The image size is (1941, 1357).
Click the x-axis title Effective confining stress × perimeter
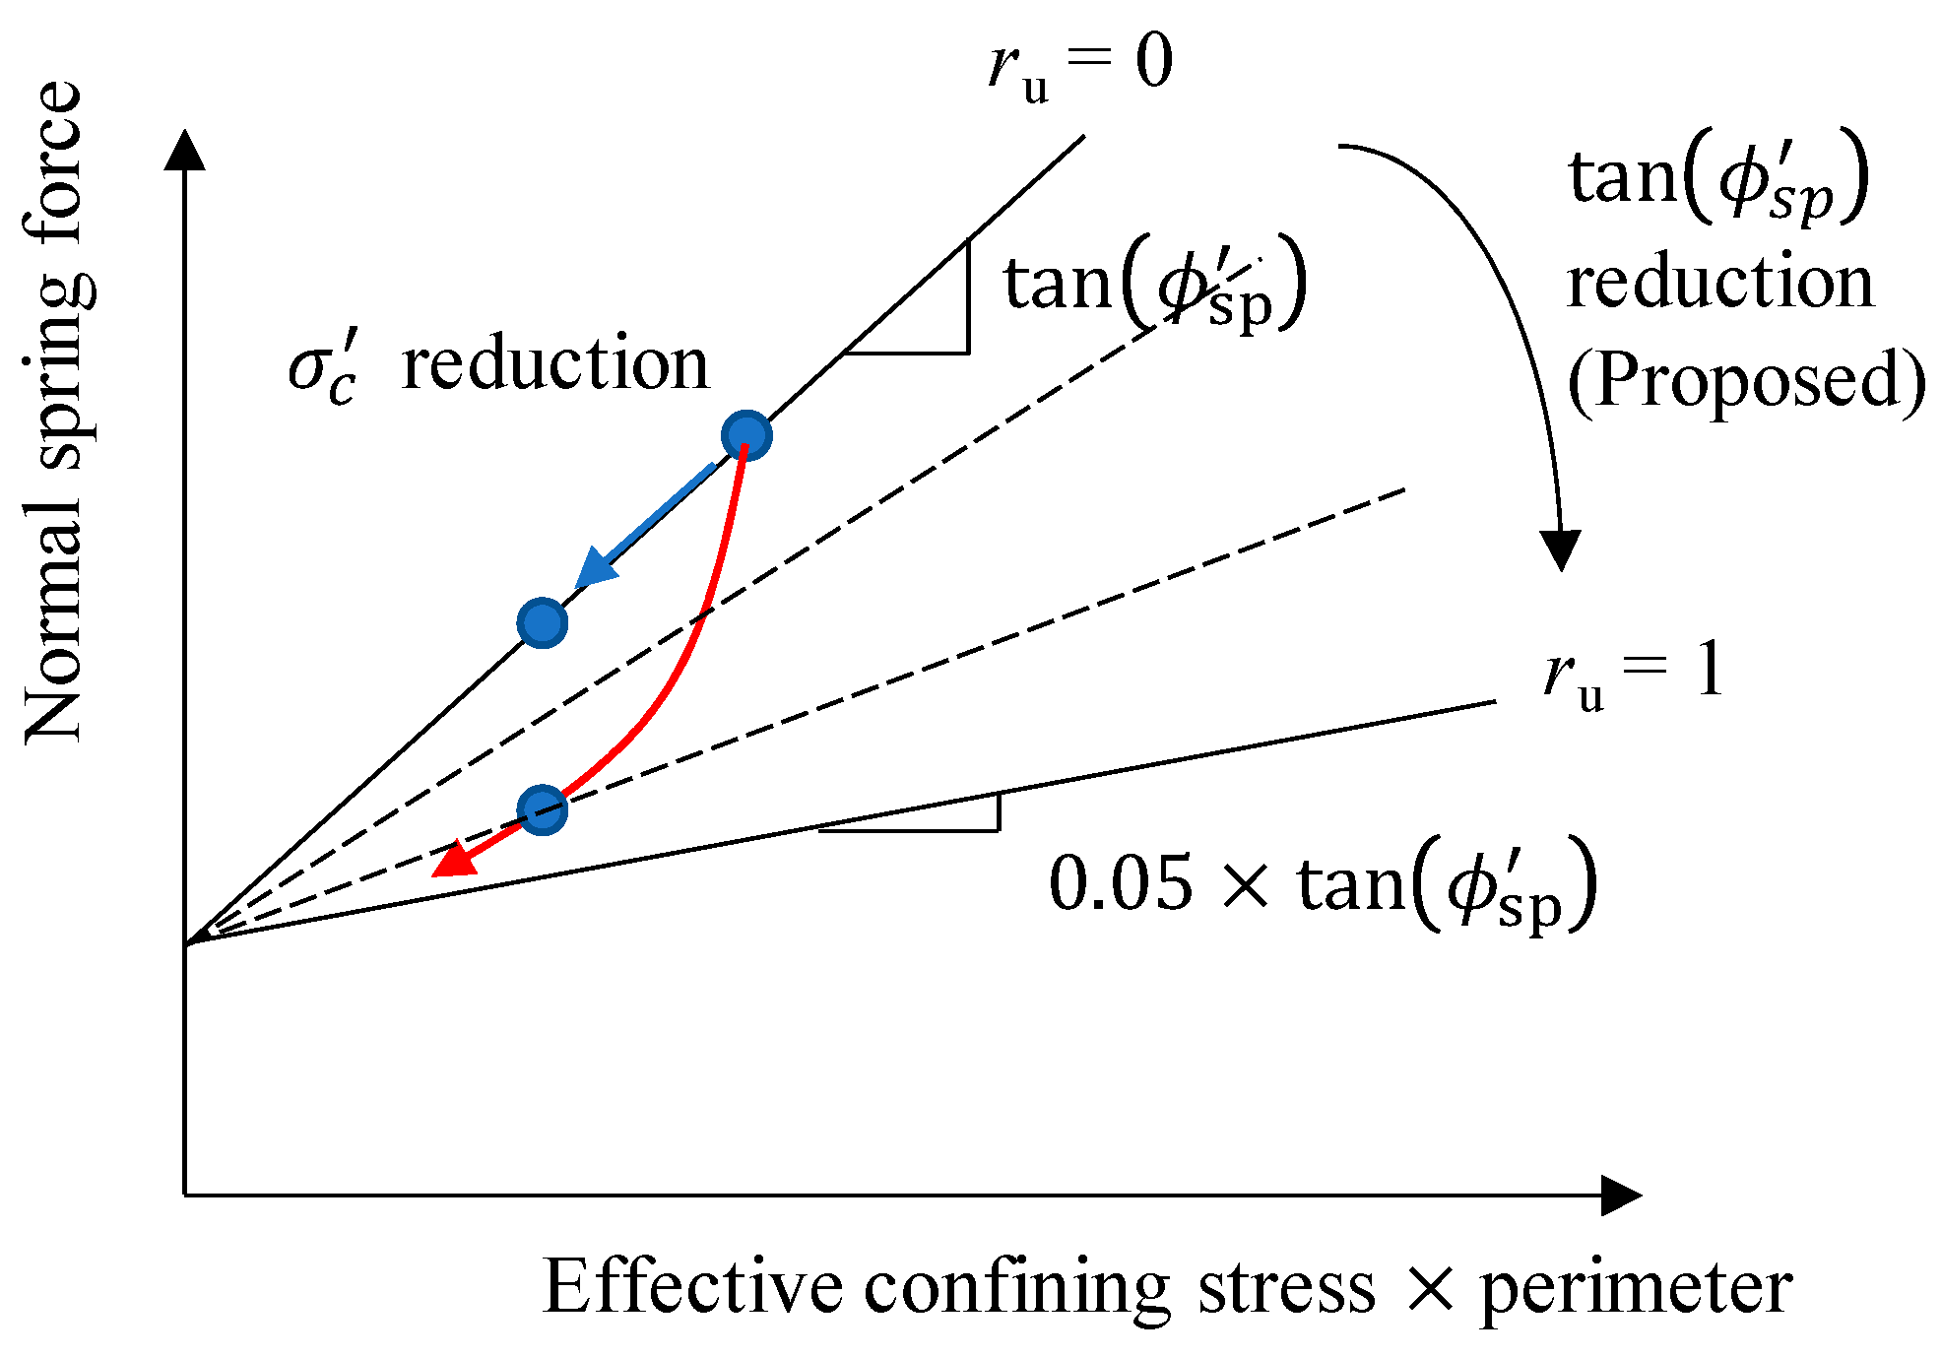coord(1167,1286)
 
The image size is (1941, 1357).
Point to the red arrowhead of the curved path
coord(454,861)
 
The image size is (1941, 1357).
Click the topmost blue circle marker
coord(746,436)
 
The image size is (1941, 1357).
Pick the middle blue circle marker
coord(543,622)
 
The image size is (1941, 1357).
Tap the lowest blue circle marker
coord(543,809)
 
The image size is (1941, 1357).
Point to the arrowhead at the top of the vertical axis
coord(185,151)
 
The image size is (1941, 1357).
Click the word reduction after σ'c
coord(555,364)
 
